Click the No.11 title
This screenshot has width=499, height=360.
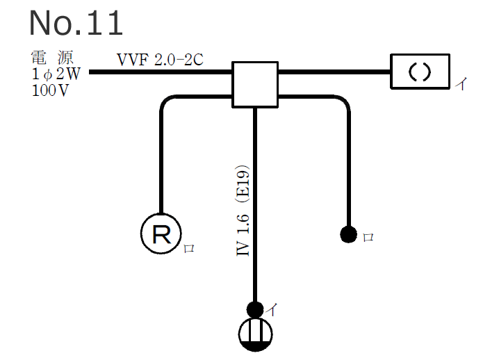(76, 22)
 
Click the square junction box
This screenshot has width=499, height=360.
(255, 84)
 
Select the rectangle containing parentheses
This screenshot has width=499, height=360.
(420, 72)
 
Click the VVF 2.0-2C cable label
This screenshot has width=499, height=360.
(160, 59)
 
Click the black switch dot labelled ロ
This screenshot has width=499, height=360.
(348, 234)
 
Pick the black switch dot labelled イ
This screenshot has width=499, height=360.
(255, 309)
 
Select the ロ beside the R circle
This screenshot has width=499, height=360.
(188, 248)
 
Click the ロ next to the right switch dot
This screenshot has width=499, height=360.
(368, 237)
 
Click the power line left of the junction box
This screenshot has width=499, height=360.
(160, 72)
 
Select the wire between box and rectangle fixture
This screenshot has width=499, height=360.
(334, 72)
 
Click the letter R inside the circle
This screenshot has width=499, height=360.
(161, 235)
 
